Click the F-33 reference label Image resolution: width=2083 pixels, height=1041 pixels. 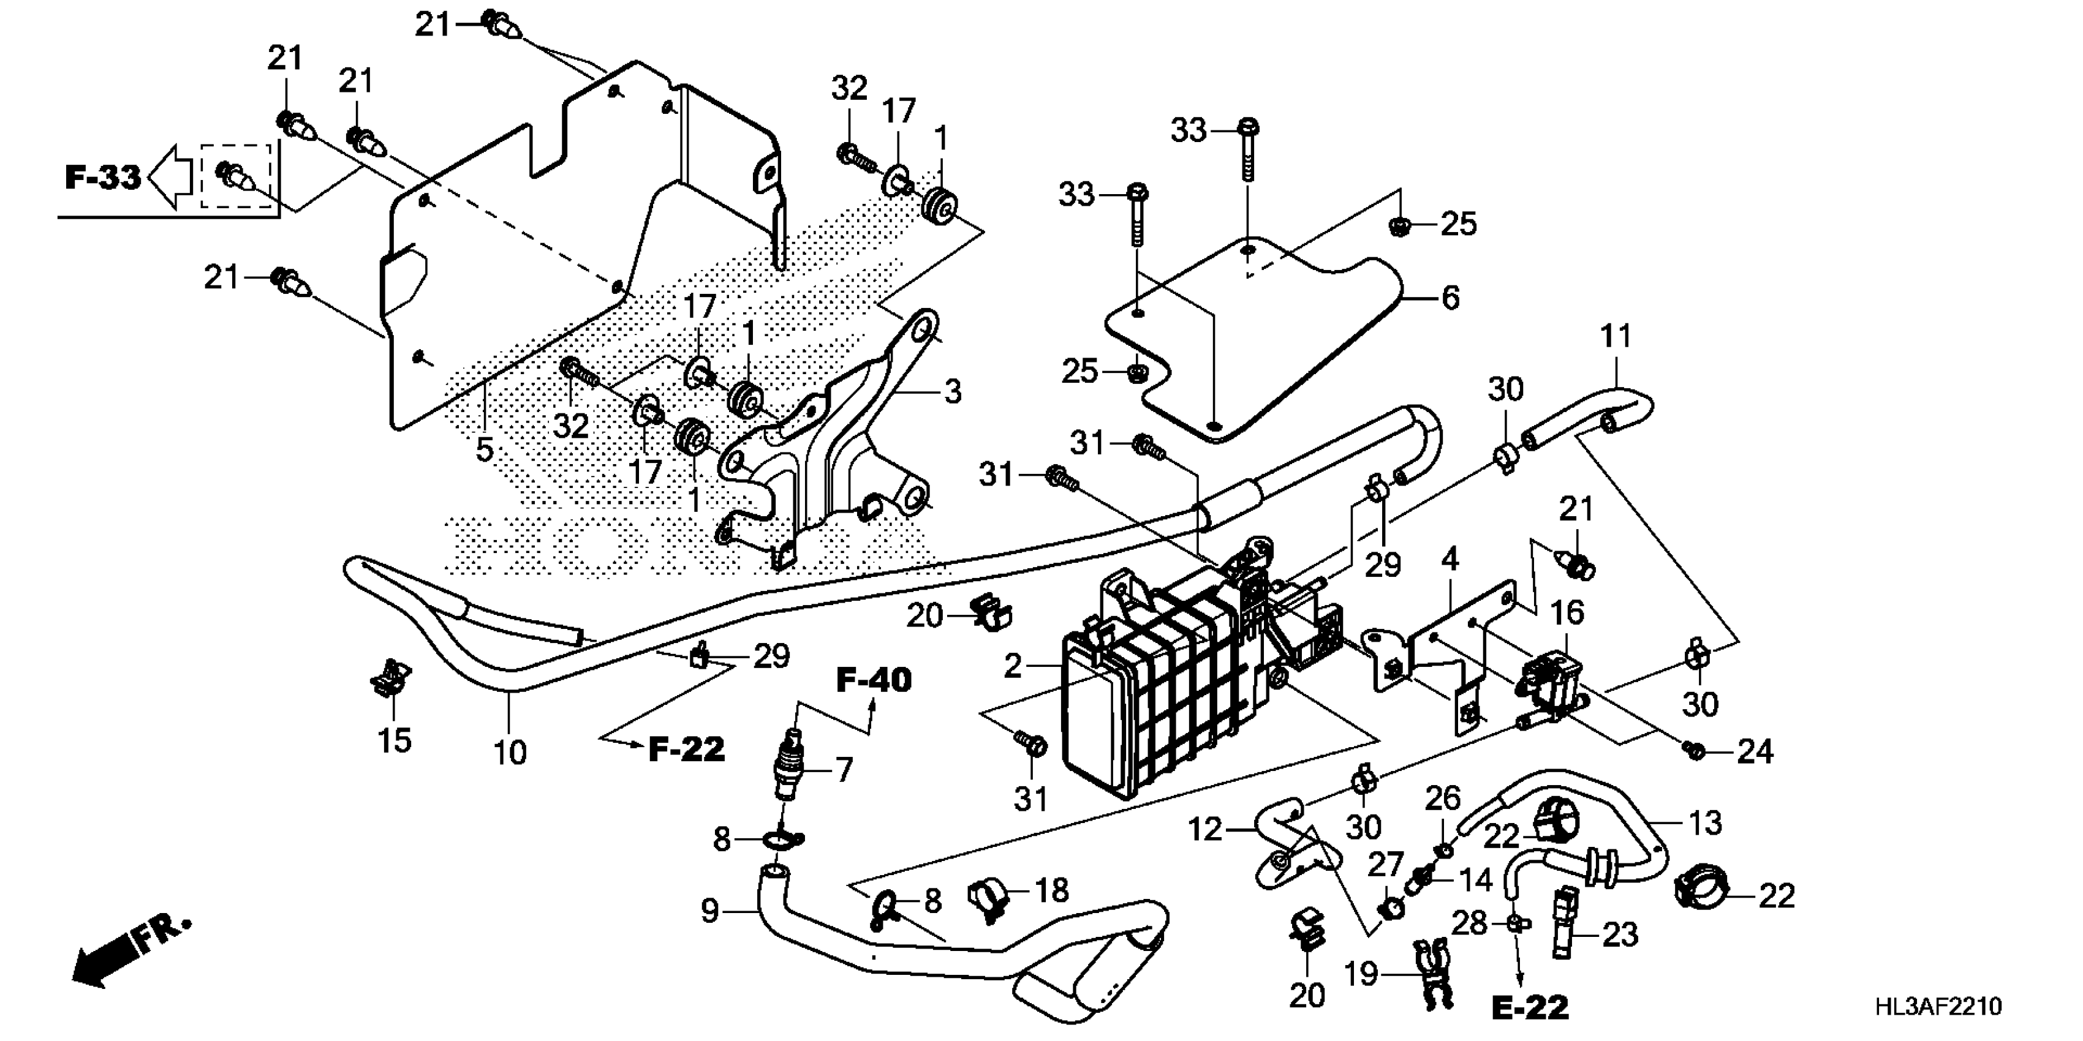tap(103, 177)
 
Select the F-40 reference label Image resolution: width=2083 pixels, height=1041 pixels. tap(873, 680)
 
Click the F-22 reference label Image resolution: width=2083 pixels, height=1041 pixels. tap(687, 750)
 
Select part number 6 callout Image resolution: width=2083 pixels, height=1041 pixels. tap(1451, 298)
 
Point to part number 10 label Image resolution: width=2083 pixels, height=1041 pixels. tap(510, 753)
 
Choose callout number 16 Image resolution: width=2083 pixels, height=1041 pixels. tap(1567, 612)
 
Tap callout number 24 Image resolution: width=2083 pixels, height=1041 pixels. tap(1755, 751)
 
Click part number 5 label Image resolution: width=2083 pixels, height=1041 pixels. tap(483, 449)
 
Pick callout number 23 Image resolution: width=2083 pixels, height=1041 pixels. tap(1620, 934)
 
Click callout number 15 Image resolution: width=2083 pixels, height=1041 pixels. tap(395, 740)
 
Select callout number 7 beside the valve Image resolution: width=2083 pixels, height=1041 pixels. tap(844, 770)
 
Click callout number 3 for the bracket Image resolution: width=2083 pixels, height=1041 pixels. tap(953, 392)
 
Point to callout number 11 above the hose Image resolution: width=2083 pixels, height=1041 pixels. tap(1616, 336)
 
